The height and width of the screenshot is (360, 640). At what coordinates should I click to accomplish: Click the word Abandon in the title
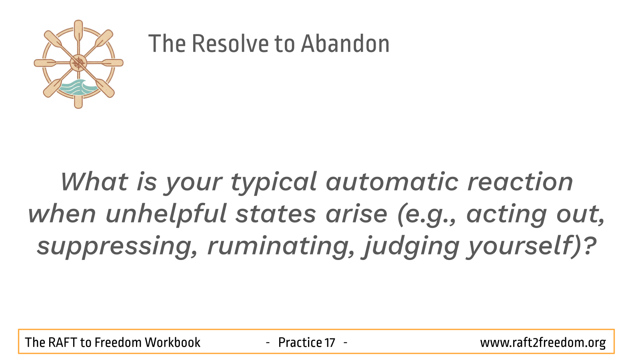click(345, 44)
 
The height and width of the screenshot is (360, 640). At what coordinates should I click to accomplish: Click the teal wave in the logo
click(78, 87)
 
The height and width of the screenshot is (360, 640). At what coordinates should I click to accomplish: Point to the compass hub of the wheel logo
click(78, 63)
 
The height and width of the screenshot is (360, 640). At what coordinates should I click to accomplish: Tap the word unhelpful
click(166, 214)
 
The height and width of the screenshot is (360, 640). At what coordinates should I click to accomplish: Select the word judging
click(410, 247)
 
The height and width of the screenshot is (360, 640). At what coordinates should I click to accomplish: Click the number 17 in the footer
click(330, 342)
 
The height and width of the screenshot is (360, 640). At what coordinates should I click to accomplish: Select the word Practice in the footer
click(300, 342)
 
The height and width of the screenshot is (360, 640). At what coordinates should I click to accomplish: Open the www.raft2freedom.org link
click(543, 343)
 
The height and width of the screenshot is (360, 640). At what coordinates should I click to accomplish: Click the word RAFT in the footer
click(62, 342)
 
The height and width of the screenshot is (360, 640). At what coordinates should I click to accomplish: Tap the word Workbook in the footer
click(172, 342)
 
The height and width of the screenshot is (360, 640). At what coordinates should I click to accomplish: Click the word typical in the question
click(274, 183)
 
